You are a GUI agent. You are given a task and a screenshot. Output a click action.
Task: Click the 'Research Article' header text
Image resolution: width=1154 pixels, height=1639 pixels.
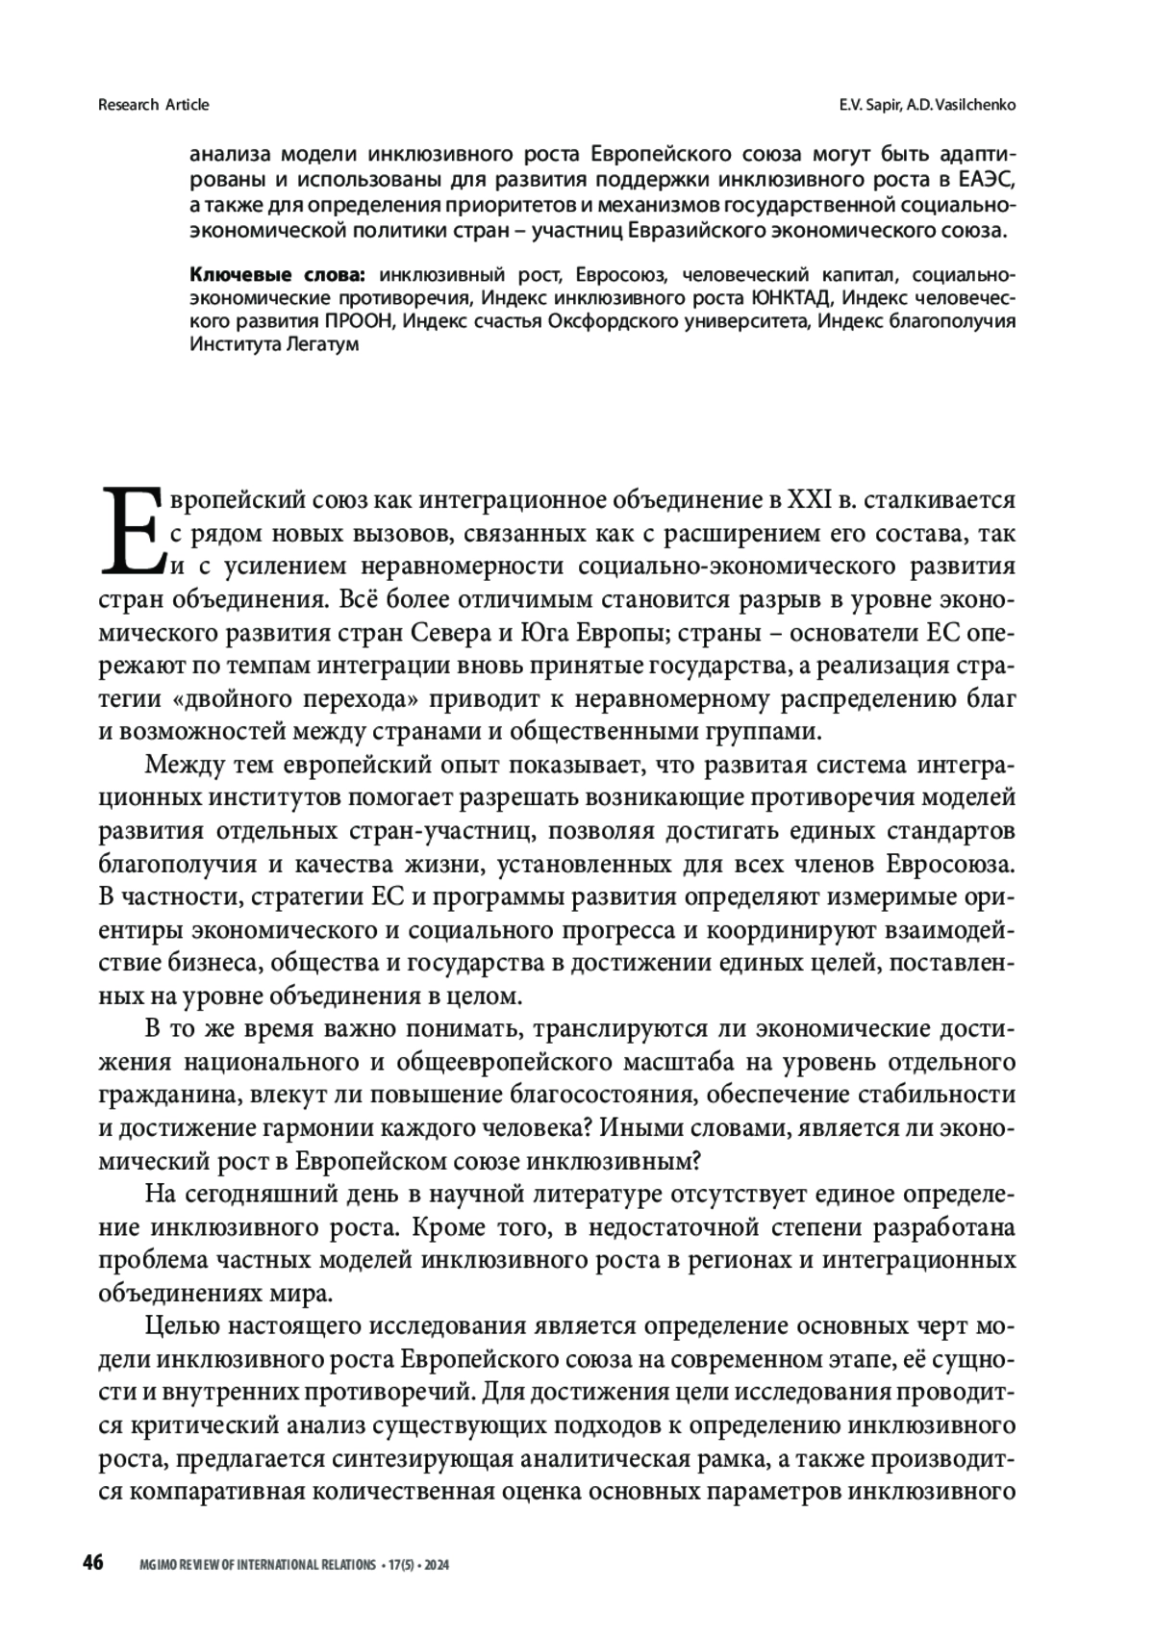click(154, 104)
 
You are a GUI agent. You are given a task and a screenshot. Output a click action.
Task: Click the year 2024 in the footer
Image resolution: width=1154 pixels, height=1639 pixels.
click(437, 1565)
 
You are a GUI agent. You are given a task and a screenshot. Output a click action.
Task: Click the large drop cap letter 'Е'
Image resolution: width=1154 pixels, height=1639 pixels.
click(130, 530)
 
